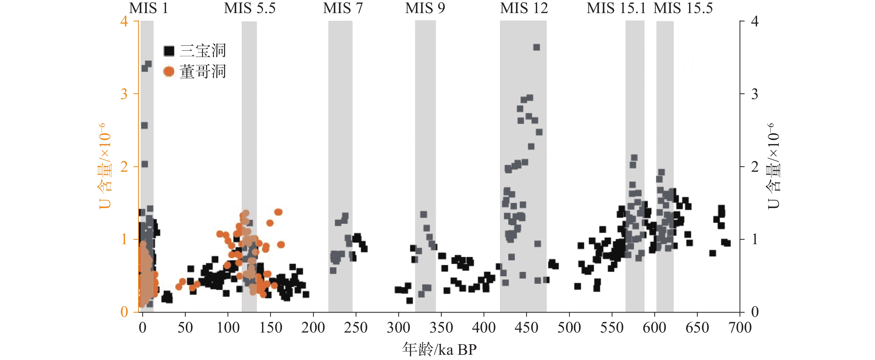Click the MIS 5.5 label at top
250,8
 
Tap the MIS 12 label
524,8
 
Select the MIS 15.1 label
616,8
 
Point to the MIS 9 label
425,8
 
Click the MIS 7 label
343,8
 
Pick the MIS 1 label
149,8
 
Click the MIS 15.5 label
683,8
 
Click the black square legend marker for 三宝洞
169,51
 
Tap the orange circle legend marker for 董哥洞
169,72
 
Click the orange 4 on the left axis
124,21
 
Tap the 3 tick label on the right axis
754,94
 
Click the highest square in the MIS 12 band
536,47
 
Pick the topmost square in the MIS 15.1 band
634,158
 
